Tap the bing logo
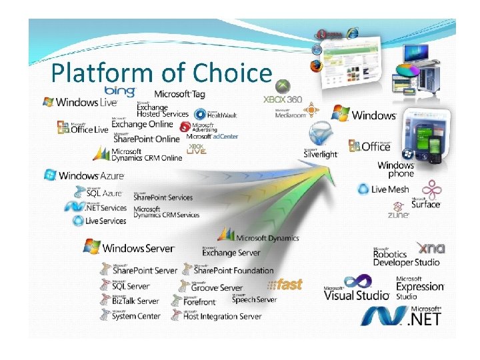pos(120,90)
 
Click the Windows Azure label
pos(85,175)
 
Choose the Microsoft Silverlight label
pos(321,152)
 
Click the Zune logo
pos(398,215)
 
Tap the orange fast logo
pos(286,285)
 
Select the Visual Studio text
pos(356,294)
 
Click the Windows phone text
pos(396,169)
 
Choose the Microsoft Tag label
pos(179,93)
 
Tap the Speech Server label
pos(253,299)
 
